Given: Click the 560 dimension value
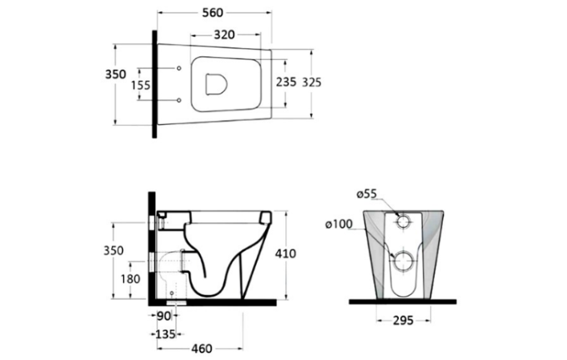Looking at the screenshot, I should point(213,13).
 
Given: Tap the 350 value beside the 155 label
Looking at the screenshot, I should point(116,74).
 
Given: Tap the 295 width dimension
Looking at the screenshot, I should point(404,321).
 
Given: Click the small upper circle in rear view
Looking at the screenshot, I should point(404,222).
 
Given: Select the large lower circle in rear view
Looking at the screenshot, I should point(404,260).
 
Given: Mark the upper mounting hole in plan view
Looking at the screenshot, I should point(178,68).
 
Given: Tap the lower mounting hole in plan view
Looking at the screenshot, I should point(178,100).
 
